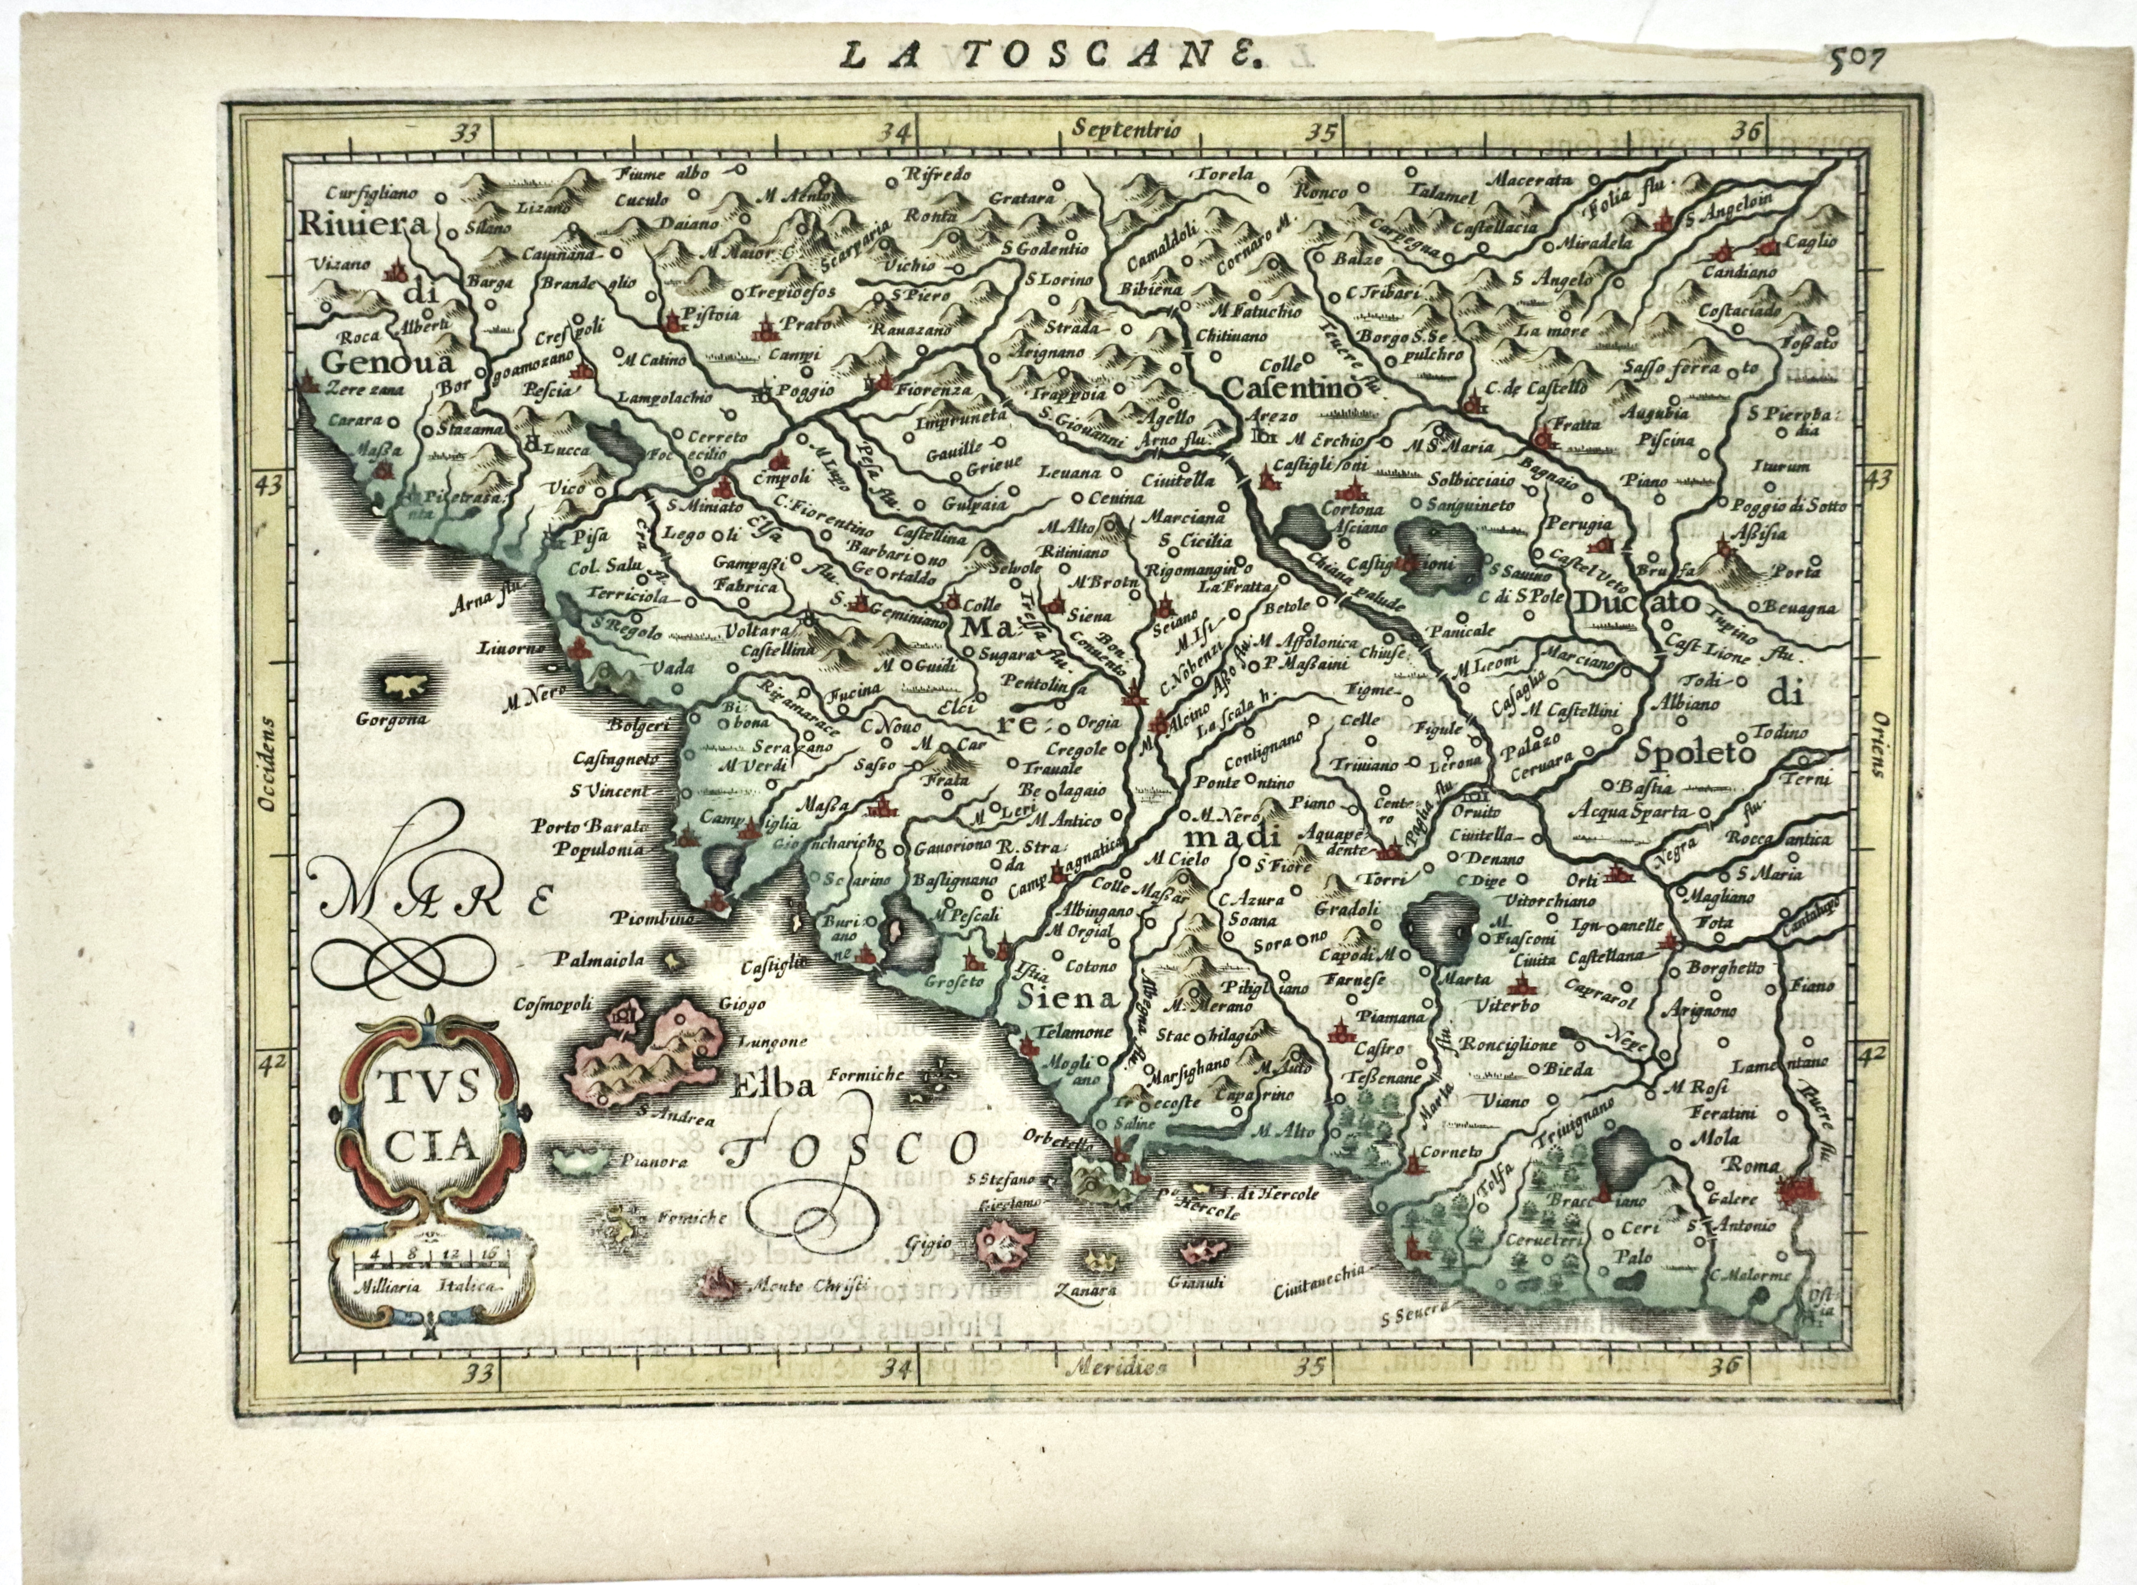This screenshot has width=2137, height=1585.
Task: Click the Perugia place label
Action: tap(1574, 526)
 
